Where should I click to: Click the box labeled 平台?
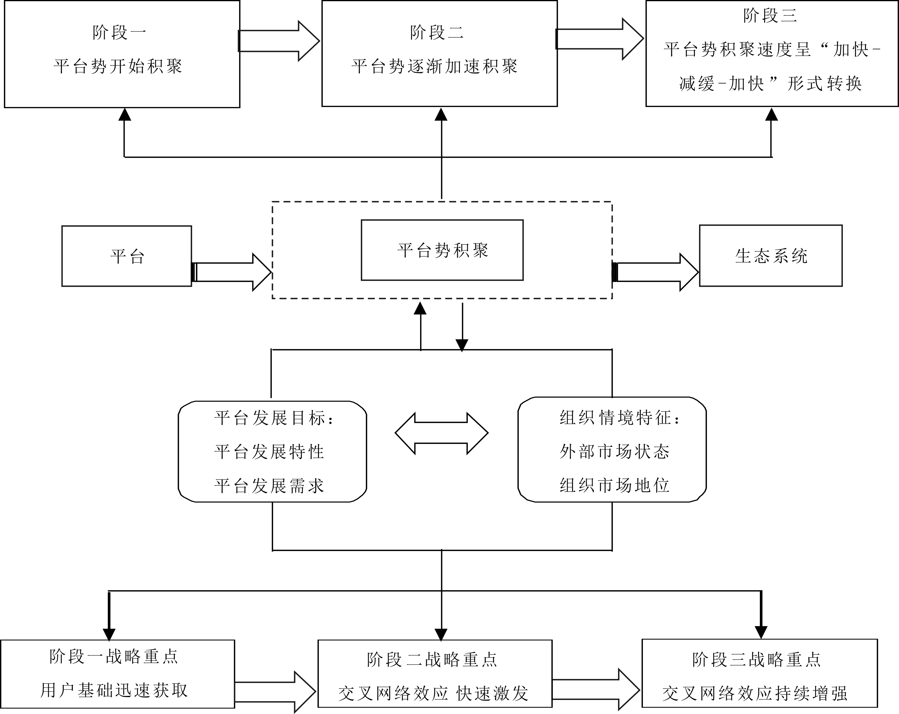tap(127, 256)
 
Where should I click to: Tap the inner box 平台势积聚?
tap(442, 250)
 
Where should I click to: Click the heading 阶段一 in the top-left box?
tap(119, 32)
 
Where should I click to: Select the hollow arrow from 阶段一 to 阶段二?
tap(279, 41)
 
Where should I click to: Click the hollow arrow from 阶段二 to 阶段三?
tap(600, 39)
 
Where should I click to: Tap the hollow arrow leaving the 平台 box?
tap(232, 272)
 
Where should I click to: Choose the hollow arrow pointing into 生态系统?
tap(655, 272)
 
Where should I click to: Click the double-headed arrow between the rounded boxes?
tap(441, 433)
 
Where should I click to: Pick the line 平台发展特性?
tap(269, 452)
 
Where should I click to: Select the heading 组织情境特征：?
tap(620, 418)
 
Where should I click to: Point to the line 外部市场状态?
tap(615, 452)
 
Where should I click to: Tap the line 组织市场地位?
tap(615, 485)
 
